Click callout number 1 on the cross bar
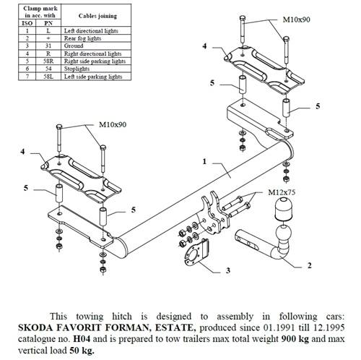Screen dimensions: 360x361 tap(205, 161)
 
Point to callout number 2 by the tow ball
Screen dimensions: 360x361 tap(308, 266)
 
